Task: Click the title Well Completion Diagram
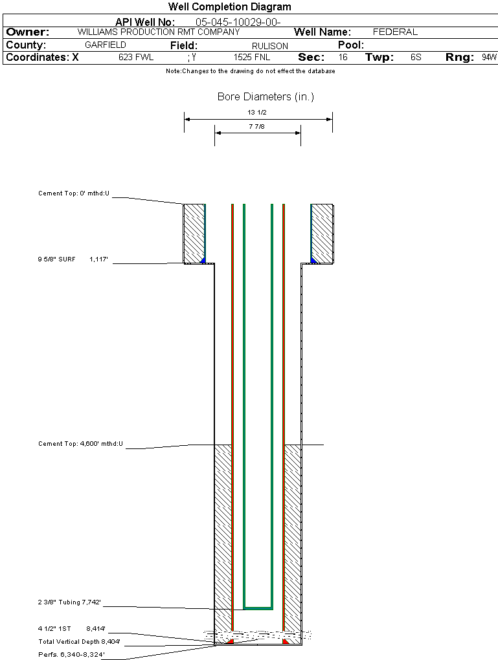click(229, 7)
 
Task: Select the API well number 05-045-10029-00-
click(238, 22)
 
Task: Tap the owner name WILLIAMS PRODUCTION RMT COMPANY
click(158, 32)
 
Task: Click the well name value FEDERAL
click(395, 32)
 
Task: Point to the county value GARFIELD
click(106, 45)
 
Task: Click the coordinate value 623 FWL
click(136, 58)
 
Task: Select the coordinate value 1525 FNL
click(252, 58)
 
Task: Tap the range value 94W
click(489, 58)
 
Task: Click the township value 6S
click(416, 58)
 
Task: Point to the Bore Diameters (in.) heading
click(266, 97)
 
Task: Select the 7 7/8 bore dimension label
click(257, 127)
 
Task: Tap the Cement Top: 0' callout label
click(74, 193)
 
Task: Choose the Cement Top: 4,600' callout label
click(80, 444)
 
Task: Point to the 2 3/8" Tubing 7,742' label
click(69, 602)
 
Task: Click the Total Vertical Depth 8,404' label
click(79, 642)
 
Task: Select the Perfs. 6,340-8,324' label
click(71, 654)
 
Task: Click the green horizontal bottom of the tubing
click(258, 608)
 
